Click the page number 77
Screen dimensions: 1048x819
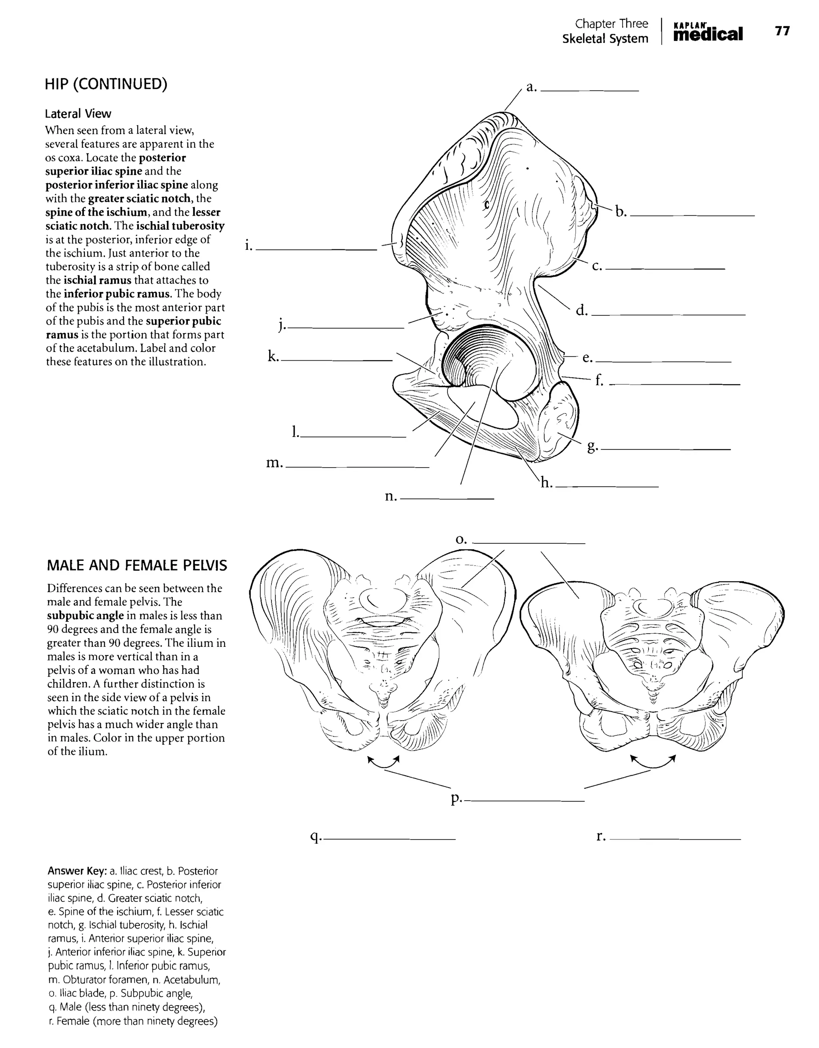782,31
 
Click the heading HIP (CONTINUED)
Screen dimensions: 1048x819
106,84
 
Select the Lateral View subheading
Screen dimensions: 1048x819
78,114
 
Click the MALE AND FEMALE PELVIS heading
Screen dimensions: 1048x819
137,566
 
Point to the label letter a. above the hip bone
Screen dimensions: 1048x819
531,87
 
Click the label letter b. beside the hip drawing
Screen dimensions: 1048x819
621,212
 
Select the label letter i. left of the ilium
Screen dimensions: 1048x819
248,246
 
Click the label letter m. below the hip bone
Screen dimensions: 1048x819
274,463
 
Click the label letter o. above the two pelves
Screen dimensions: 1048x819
461,540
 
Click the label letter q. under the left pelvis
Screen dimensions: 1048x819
316,837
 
